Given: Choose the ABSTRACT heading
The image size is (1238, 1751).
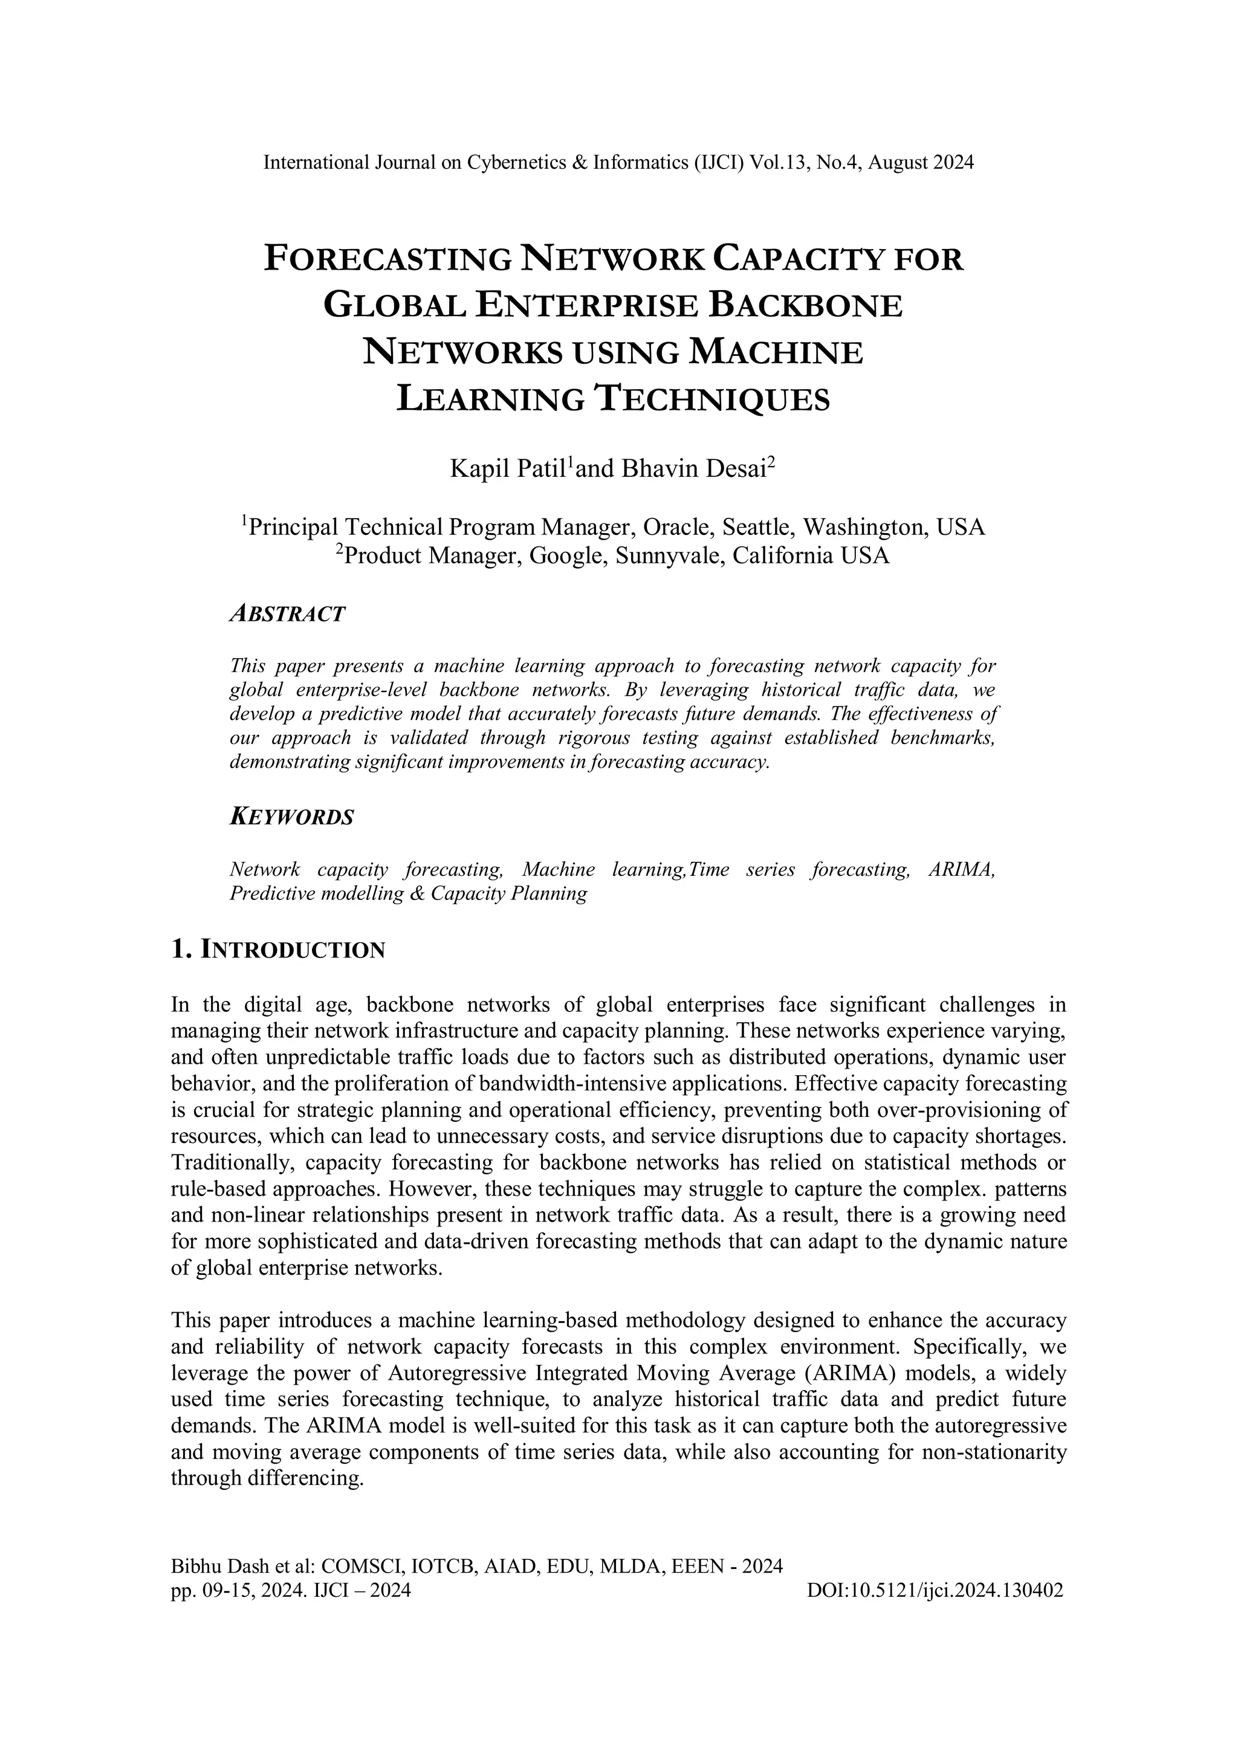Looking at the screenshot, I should [x=288, y=614].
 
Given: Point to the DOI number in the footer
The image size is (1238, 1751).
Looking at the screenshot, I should [x=935, y=1591].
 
